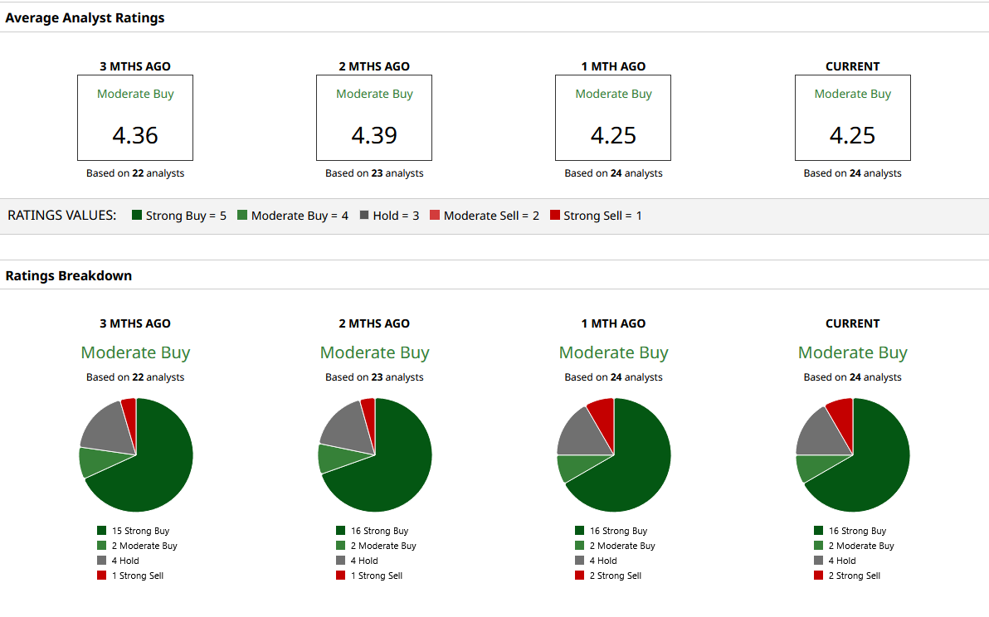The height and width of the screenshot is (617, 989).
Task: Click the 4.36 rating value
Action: coord(135,135)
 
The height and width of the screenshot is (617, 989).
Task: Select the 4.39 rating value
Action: coord(374,135)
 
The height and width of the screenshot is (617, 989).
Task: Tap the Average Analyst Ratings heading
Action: coord(85,17)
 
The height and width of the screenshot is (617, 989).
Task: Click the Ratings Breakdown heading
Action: coord(69,275)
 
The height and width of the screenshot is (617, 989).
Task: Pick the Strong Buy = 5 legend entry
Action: coord(179,216)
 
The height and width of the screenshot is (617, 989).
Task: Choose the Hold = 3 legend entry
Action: coord(389,216)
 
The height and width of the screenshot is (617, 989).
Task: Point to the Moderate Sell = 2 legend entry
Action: coord(485,216)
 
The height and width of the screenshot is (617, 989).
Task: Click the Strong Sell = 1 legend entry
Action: coord(596,216)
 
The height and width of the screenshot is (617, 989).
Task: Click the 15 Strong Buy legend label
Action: coord(133,531)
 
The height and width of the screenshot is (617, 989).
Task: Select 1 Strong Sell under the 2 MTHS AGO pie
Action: coord(369,576)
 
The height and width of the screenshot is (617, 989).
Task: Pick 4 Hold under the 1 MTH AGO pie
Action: coord(596,561)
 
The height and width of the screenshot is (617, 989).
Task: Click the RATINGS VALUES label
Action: coord(61,216)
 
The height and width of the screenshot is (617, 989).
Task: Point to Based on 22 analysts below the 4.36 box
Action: coord(135,173)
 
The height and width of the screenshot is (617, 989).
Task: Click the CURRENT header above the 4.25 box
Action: coord(852,66)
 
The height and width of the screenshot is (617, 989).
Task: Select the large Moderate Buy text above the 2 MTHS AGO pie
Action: coord(375,352)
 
